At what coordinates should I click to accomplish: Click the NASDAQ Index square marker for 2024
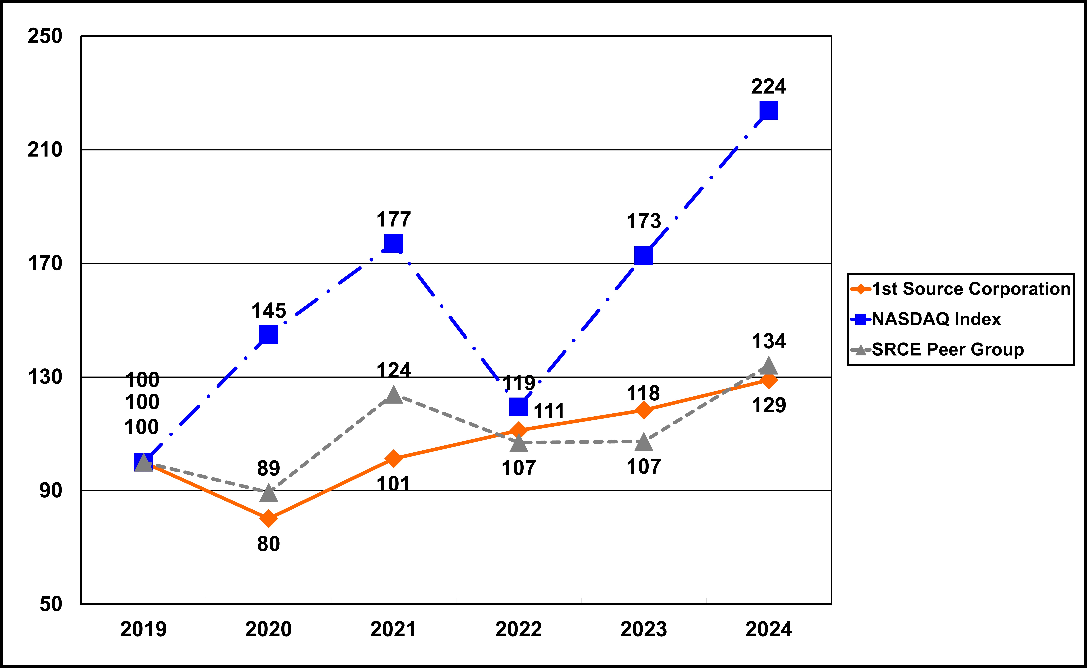tap(769, 111)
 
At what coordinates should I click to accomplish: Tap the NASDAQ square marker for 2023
tap(643, 255)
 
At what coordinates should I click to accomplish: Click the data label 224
tap(769, 87)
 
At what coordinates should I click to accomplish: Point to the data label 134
tap(769, 342)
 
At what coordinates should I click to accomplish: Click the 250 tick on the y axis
tap(45, 36)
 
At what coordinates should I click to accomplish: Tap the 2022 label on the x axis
tap(519, 629)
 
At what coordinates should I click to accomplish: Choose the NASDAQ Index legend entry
tap(936, 319)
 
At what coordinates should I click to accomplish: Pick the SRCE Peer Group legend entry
tap(947, 349)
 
